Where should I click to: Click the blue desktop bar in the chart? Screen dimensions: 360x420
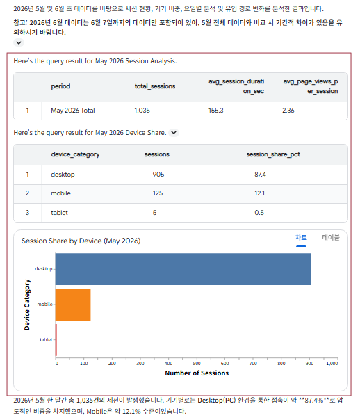[183, 269]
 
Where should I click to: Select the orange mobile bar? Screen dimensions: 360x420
[73, 305]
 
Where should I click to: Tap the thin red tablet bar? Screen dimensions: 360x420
[56, 339]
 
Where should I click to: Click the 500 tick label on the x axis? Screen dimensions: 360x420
[197, 363]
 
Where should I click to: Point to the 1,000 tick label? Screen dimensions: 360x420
[332, 363]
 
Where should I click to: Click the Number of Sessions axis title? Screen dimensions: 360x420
[197, 373]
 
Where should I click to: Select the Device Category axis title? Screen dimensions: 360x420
[27, 305]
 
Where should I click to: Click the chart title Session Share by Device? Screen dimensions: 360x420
[81, 241]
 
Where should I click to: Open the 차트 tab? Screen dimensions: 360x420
[301, 237]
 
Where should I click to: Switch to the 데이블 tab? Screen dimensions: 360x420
[331, 237]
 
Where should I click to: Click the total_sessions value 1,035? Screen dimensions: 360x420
[142, 111]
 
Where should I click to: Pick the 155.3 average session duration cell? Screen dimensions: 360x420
[215, 111]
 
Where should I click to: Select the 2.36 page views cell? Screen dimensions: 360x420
[288, 111]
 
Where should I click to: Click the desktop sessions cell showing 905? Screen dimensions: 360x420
[158, 175]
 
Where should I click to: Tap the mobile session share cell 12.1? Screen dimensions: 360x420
[260, 193]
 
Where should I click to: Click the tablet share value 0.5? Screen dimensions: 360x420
[259, 213]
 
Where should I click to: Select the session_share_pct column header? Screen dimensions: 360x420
[273, 154]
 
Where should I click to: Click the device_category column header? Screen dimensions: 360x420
[75, 154]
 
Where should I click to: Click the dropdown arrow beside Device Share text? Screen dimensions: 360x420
[174, 133]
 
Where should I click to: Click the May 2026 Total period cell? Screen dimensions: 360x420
[73, 111]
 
